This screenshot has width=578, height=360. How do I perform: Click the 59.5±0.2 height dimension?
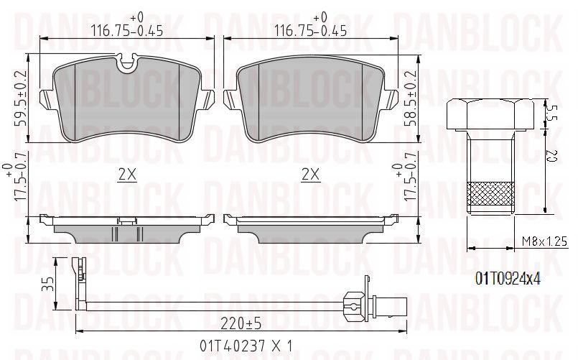click(x=20, y=98)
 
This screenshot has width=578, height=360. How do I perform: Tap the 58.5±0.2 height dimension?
click(x=411, y=98)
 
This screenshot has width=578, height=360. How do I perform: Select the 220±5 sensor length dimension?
click(x=241, y=324)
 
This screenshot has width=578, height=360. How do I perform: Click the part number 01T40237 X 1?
click(x=246, y=346)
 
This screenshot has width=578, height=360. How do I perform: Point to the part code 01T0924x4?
click(x=508, y=279)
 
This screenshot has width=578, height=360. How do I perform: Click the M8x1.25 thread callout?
click(x=544, y=241)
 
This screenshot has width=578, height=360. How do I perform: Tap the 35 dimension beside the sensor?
click(x=48, y=284)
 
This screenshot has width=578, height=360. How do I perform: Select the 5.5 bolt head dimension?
click(x=553, y=114)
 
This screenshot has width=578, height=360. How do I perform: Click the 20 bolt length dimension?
click(x=553, y=156)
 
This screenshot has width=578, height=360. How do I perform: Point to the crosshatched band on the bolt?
click(x=490, y=194)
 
